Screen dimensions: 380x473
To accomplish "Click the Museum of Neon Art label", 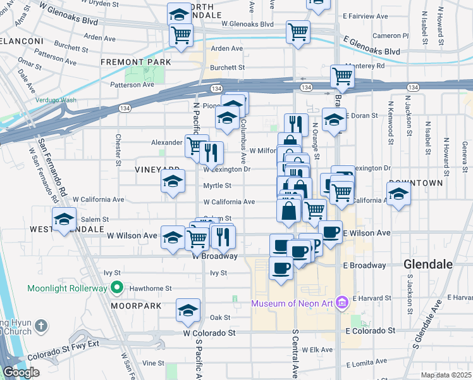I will point(293,303).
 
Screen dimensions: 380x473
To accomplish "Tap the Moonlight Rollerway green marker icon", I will point(116,289).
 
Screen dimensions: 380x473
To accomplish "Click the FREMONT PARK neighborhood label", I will point(135,62).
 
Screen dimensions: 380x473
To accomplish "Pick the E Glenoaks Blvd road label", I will point(372,46).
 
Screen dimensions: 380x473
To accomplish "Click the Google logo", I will point(20,372).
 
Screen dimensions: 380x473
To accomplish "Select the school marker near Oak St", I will point(188,310).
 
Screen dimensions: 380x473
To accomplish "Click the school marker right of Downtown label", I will point(399,193).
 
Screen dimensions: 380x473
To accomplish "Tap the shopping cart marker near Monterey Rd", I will point(341,77).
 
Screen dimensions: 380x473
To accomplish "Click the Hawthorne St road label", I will point(150,288).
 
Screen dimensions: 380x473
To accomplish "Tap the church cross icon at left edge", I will point(41,326).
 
